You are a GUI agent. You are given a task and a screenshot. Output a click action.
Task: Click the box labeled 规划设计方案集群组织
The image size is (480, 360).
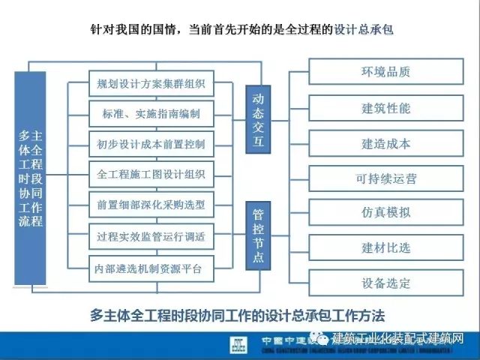point(151,83)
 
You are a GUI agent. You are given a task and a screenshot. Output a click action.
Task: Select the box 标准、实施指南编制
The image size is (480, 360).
point(151,114)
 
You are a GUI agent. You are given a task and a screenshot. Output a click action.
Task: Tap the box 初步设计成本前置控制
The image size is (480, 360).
point(151,144)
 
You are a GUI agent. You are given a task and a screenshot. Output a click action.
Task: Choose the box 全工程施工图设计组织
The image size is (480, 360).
point(151,174)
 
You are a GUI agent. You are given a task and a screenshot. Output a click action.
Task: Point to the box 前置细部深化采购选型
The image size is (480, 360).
point(151,204)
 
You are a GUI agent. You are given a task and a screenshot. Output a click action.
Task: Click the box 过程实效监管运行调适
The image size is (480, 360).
point(151,236)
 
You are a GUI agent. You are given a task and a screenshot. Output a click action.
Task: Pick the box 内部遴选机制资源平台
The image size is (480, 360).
point(151,267)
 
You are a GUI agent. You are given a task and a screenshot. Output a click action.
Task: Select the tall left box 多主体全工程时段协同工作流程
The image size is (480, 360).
point(31,178)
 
